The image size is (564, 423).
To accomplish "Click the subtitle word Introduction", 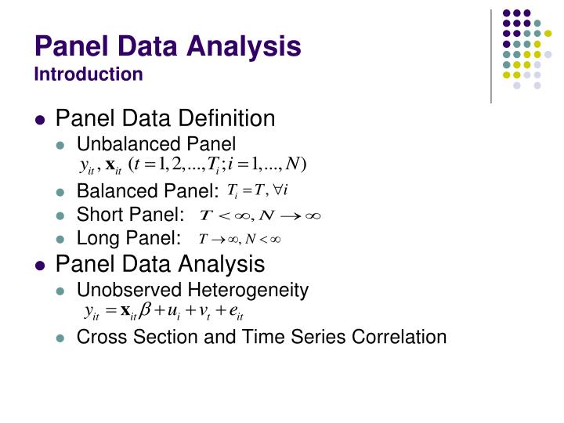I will (89, 74).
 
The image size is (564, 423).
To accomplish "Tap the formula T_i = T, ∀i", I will (258, 190).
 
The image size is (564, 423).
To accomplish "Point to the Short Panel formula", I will (262, 215).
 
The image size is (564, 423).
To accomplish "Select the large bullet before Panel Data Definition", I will (42, 120).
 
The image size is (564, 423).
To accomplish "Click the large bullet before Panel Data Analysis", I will (42, 265).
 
